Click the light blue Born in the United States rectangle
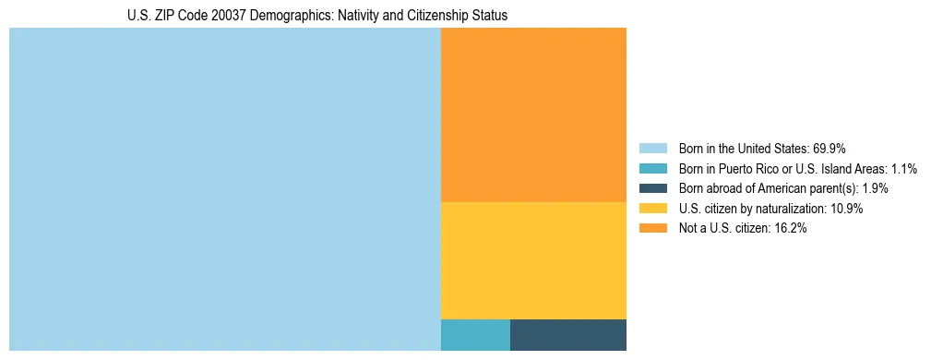click(x=225, y=189)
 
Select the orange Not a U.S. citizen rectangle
click(x=533, y=114)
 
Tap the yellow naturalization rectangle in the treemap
click(x=533, y=260)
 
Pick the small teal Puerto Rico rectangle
click(x=475, y=335)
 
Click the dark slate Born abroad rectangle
click(x=568, y=335)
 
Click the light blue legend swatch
click(x=652, y=148)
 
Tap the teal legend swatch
click(x=652, y=168)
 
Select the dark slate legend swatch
click(x=652, y=188)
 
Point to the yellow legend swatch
click(x=652, y=209)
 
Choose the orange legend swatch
click(x=652, y=229)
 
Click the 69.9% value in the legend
click(x=830, y=148)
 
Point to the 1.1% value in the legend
click(x=904, y=168)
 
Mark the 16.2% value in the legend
click(x=791, y=229)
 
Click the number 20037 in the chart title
click(x=221, y=16)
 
